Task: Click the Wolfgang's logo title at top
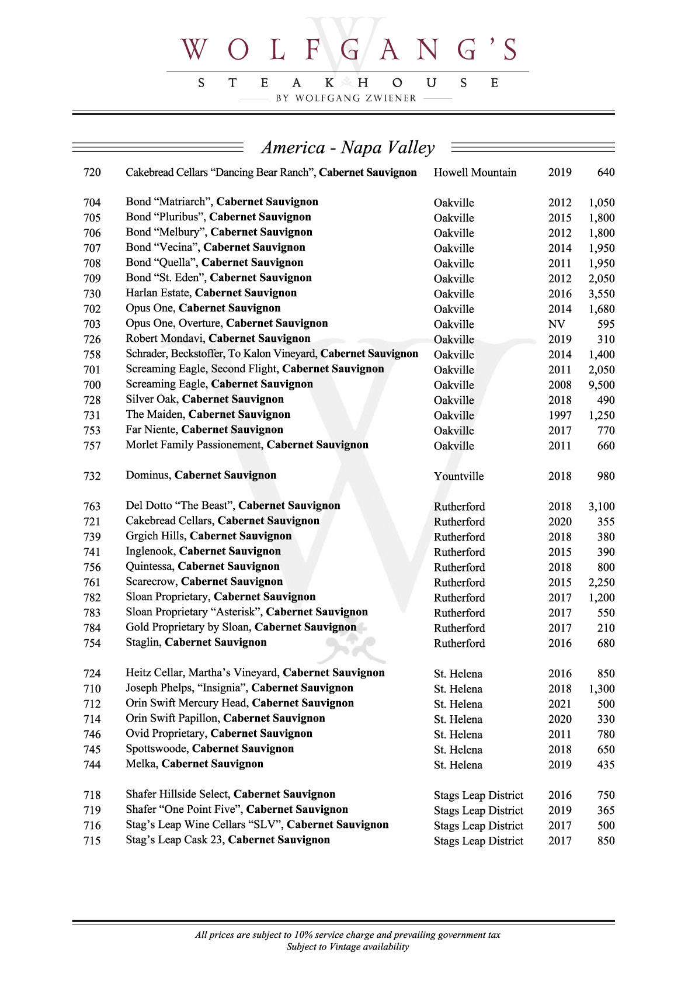[x=348, y=50]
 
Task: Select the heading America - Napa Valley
[x=348, y=147]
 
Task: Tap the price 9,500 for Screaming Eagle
[x=601, y=384]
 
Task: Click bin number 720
[x=92, y=172]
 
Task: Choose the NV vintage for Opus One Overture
[x=557, y=324]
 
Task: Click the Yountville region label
[x=458, y=476]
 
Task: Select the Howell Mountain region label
[x=475, y=172]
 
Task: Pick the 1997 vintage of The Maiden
[x=560, y=415]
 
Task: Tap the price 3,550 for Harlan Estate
[x=601, y=293]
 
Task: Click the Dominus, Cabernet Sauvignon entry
[x=201, y=475]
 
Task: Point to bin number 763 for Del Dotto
[x=92, y=506]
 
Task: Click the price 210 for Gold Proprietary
[x=606, y=628]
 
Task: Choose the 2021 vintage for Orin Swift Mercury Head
[x=560, y=704]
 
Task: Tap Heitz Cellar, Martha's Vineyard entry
[x=255, y=673]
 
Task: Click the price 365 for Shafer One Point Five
[x=606, y=810]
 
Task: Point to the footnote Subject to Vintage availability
[x=347, y=947]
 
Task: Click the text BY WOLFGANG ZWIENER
[x=346, y=98]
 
